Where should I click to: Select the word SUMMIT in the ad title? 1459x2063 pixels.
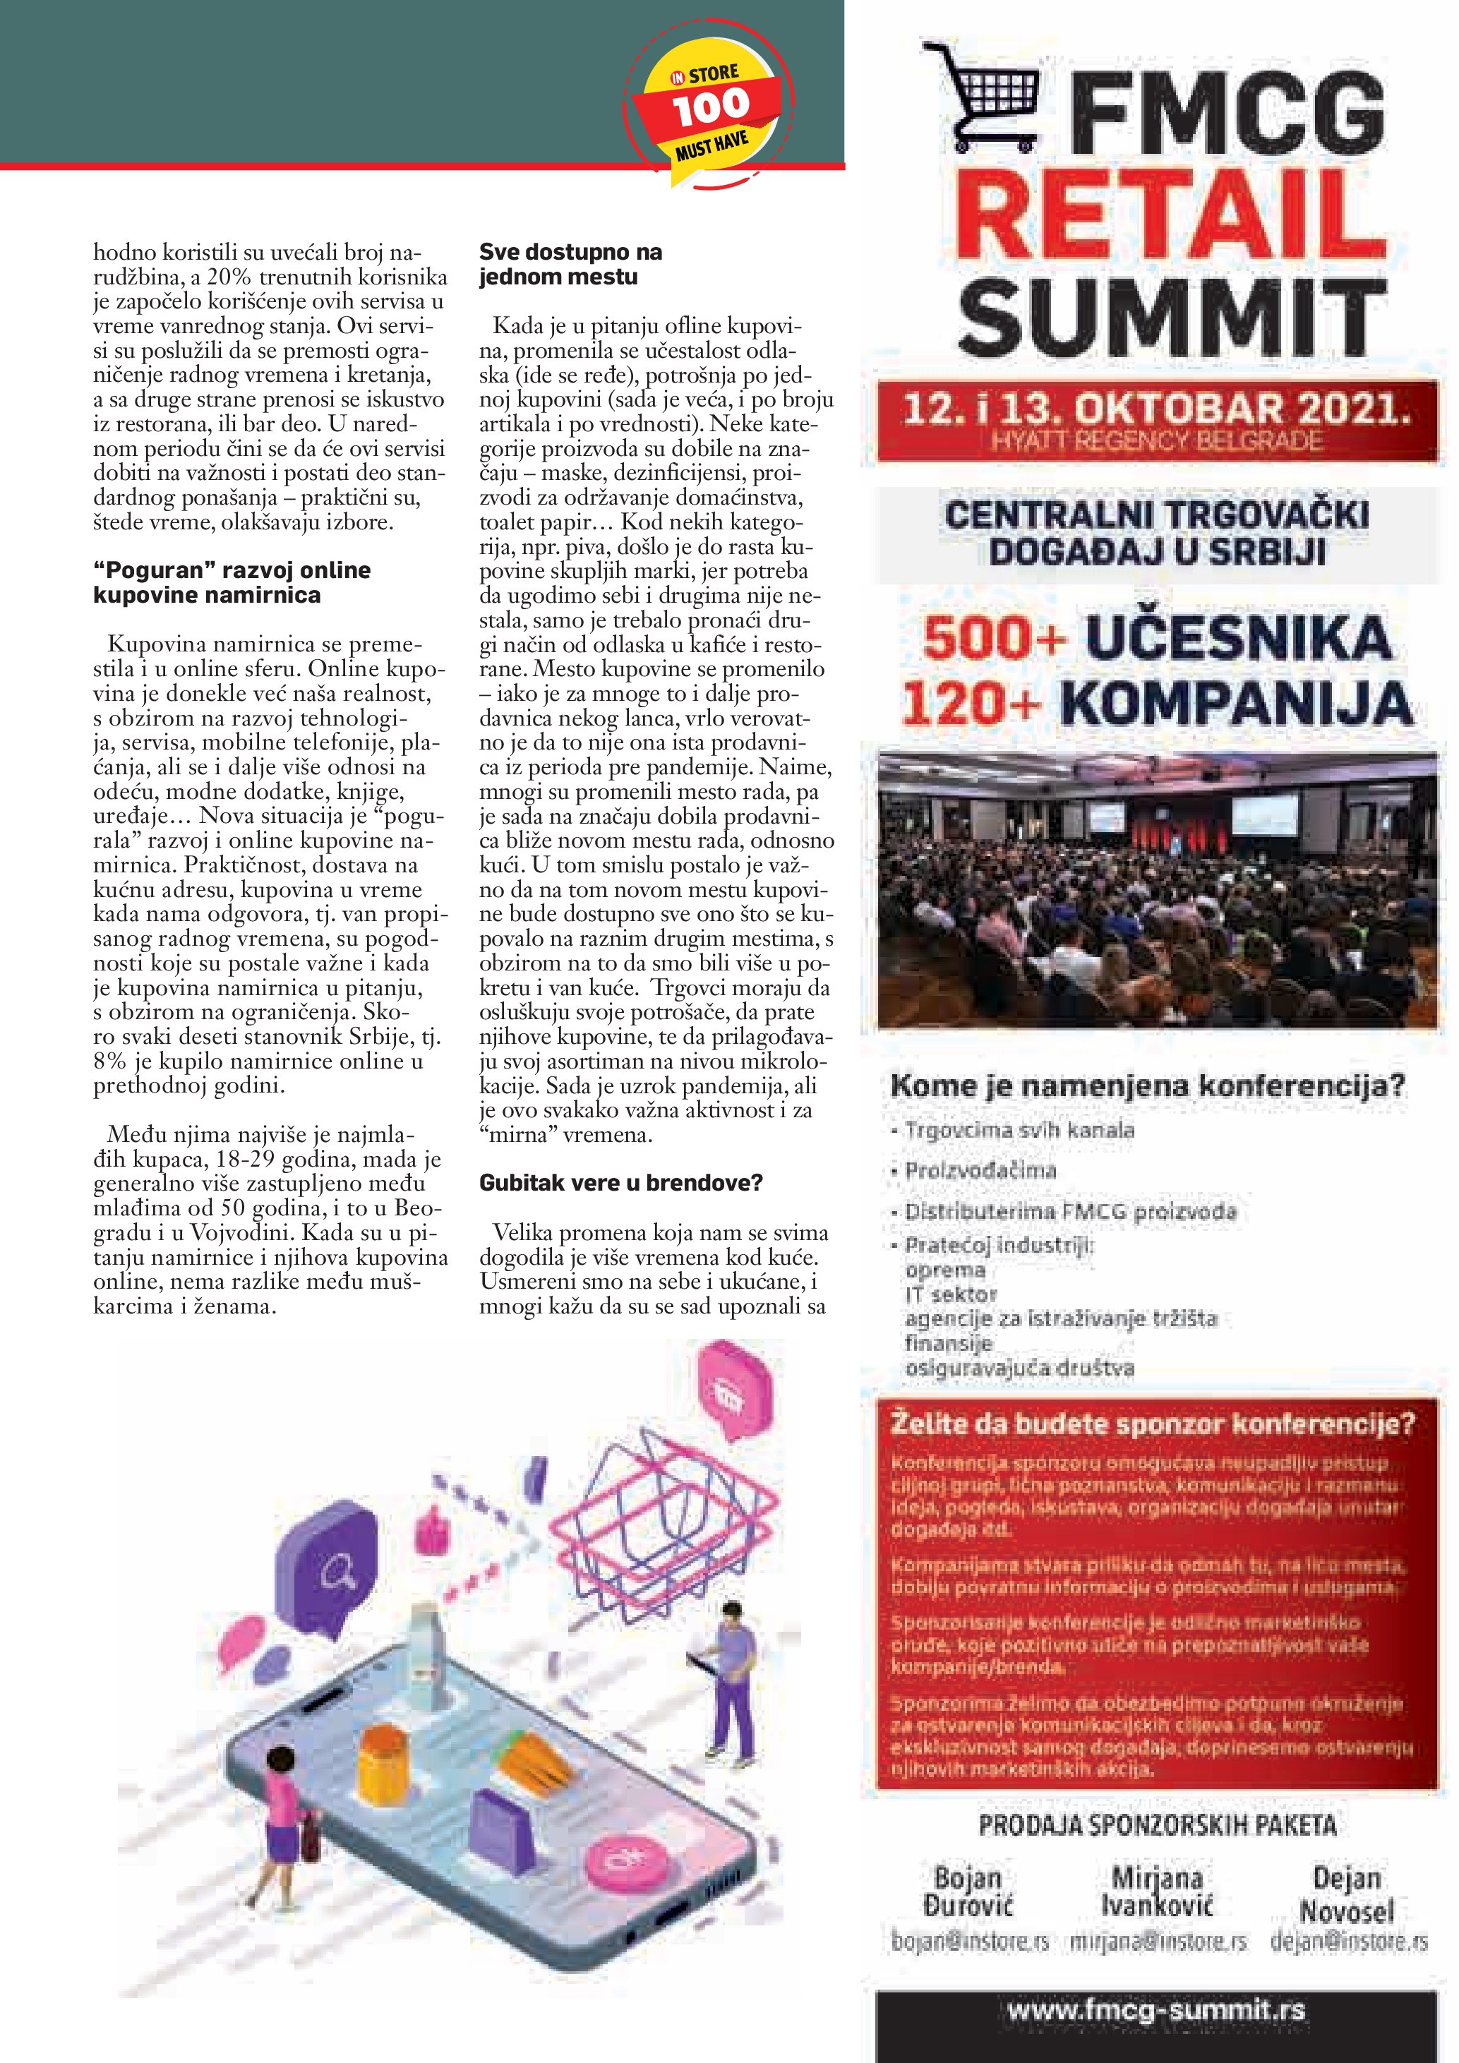pos(1172,316)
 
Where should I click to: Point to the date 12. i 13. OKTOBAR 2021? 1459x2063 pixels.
pos(1156,410)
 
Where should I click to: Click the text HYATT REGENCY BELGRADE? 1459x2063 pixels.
pos(1156,441)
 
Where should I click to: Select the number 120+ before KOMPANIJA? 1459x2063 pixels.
pos(971,704)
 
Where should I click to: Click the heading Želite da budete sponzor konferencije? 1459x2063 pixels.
pos(1153,1424)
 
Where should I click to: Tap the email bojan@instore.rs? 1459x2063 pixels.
pos(971,1942)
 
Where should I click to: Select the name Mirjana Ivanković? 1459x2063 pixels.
pos(1157,1891)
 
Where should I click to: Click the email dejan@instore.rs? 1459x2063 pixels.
pos(1348,1942)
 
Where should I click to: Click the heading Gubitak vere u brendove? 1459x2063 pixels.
pos(620,1184)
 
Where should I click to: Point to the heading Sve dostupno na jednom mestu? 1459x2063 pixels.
pos(570,264)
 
